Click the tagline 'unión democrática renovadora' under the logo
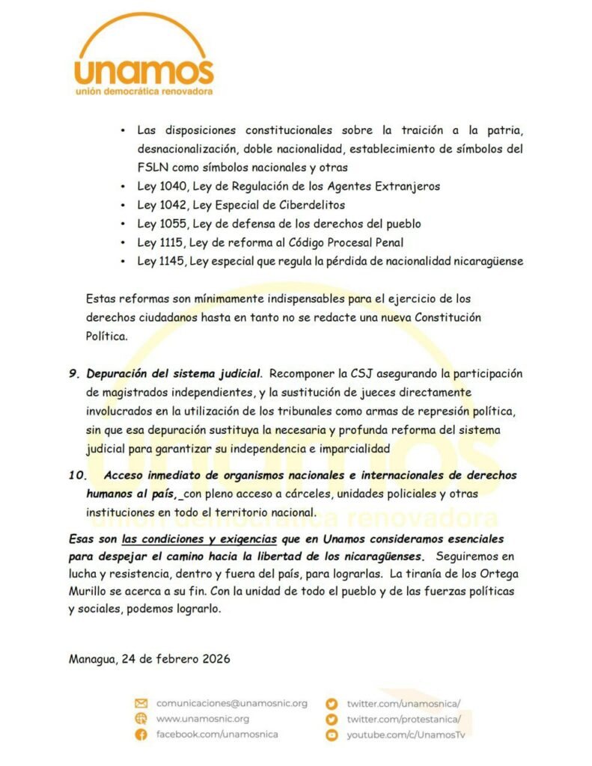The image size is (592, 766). pos(144,91)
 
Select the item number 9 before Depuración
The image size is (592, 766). pos(73,373)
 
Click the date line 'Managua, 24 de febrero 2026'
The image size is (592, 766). pos(149,659)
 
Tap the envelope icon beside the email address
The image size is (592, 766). pos(141,703)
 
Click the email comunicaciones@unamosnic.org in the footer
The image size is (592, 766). pos(231,703)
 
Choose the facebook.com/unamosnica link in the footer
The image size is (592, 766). pos(216,735)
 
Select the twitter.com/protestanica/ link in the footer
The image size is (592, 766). pos(403,719)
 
